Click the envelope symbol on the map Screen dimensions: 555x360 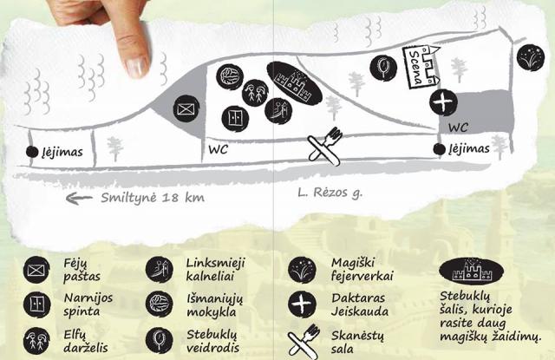coord(186,108)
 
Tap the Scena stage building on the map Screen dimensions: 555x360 coord(421,67)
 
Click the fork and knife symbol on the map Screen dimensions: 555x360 coord(325,147)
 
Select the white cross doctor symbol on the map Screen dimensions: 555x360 coord(443,102)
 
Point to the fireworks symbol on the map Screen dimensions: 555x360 coord(531,57)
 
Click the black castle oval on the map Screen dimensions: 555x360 coord(294,83)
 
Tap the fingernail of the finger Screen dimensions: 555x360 coord(136,67)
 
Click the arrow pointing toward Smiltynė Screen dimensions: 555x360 coord(79,199)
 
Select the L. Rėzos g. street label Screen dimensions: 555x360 coord(330,193)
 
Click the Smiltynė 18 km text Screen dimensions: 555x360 coord(153,198)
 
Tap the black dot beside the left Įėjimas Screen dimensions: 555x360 coord(32,152)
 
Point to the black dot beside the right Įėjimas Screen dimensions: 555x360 coord(440,149)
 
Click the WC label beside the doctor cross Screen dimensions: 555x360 coord(459,128)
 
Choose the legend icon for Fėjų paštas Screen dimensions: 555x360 coord(36,270)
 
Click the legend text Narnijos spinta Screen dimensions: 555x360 coord(88,304)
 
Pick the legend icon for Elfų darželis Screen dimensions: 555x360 coord(36,341)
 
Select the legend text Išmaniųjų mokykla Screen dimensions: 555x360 coord(215,304)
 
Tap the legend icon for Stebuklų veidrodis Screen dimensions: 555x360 coord(159,340)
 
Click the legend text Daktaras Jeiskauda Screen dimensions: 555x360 coord(360,304)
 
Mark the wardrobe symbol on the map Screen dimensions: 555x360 coord(235,119)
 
